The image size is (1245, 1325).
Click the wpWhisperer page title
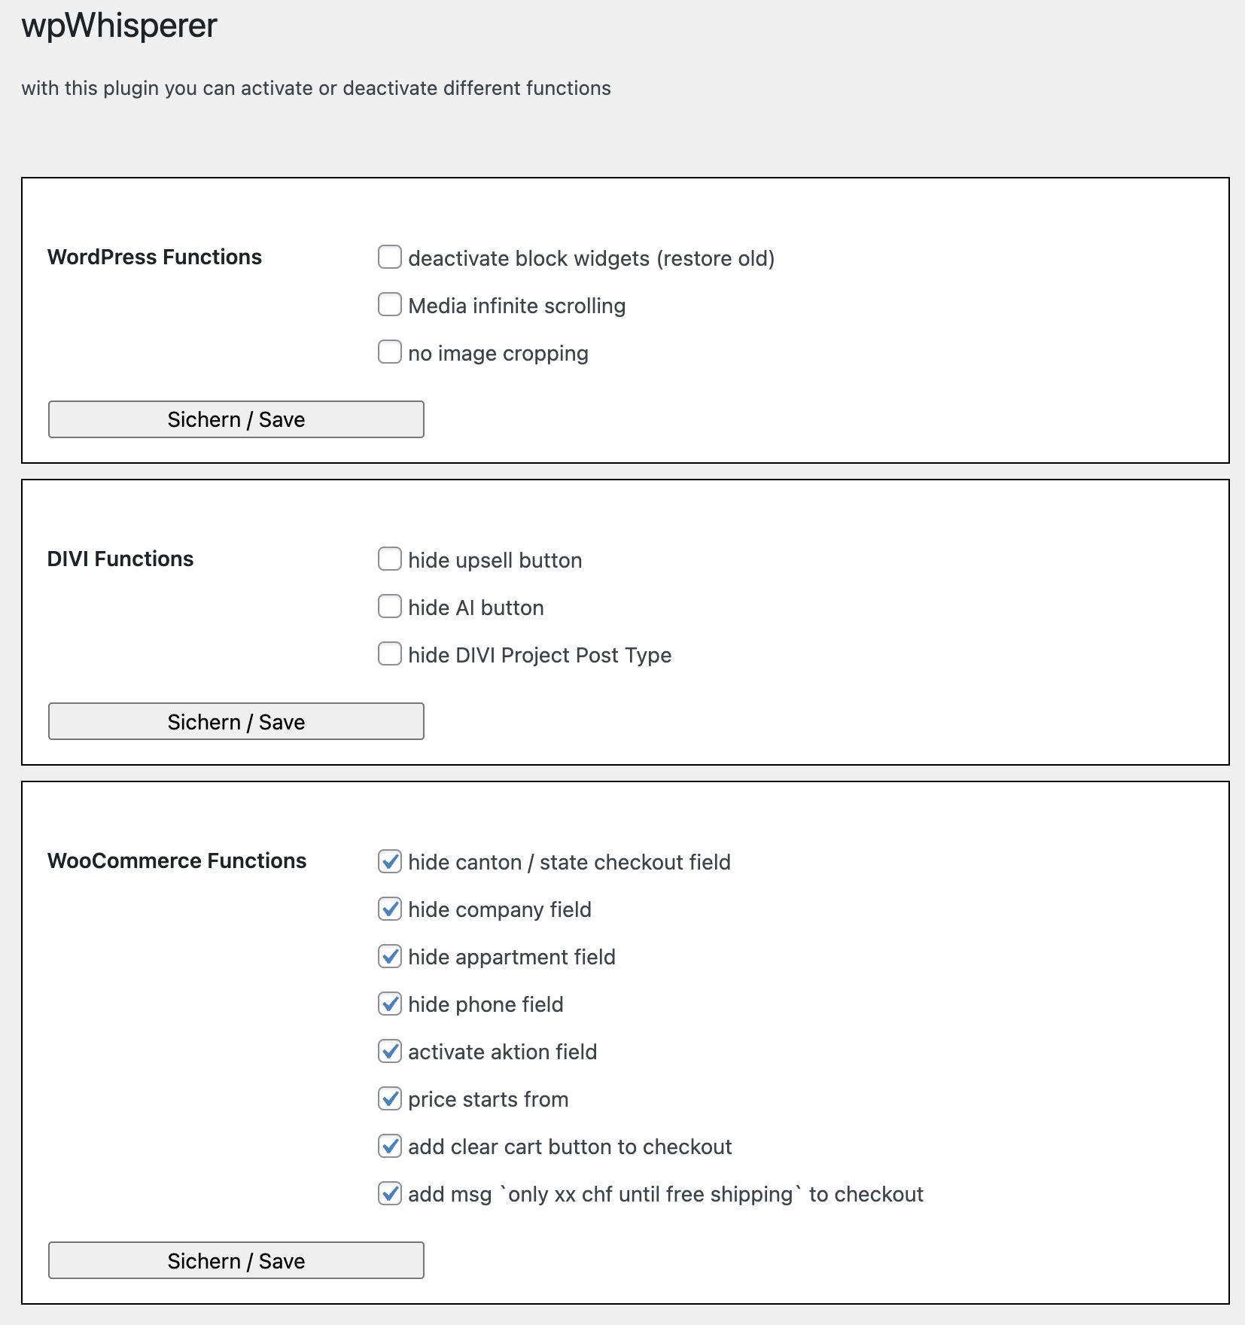point(119,26)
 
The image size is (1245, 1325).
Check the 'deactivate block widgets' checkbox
point(389,257)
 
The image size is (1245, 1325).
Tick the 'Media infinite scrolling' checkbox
point(389,304)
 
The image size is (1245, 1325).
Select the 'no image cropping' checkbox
point(389,352)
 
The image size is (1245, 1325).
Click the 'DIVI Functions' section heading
point(120,559)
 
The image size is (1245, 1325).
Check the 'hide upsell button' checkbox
point(389,559)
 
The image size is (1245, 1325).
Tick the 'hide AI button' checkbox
point(389,606)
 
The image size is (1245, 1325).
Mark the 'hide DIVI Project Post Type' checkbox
point(389,653)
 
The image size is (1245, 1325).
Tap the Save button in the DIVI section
point(236,721)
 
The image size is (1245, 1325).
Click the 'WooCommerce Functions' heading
point(177,860)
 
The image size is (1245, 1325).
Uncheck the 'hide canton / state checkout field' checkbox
point(389,860)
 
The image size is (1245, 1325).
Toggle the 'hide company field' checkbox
point(389,908)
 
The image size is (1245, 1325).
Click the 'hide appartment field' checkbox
point(389,955)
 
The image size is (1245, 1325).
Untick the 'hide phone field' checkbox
point(389,1003)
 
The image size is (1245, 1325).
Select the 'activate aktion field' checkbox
point(389,1050)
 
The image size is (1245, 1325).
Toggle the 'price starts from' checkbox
point(389,1098)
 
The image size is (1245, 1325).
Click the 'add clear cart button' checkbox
point(389,1145)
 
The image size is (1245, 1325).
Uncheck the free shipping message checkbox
point(389,1192)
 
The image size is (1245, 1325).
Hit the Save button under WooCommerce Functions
point(236,1260)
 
